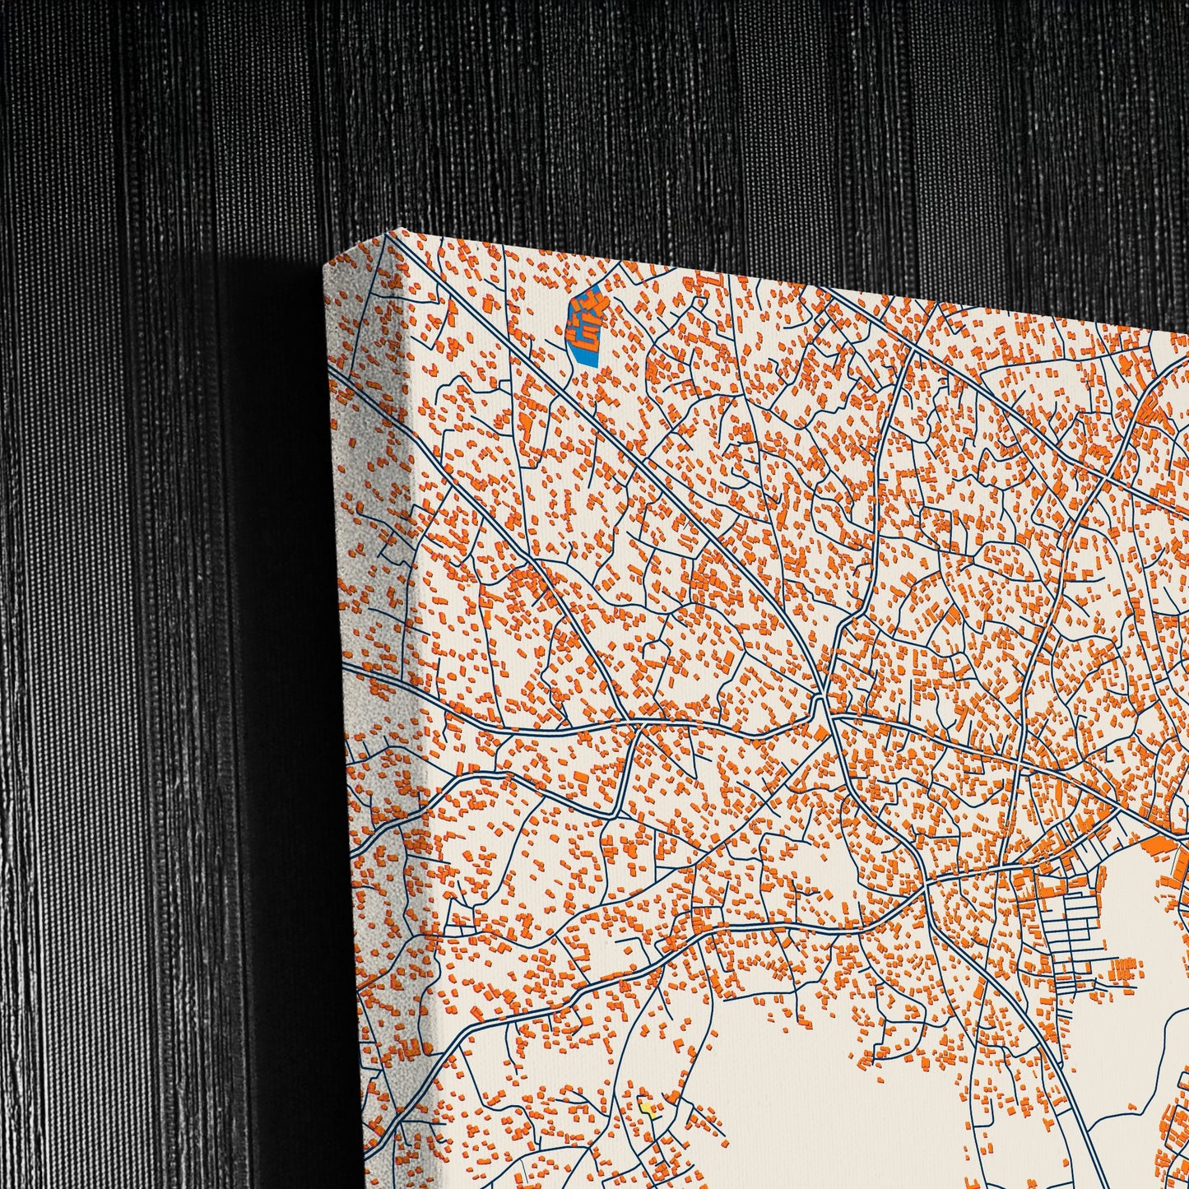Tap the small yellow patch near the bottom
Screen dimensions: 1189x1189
point(649,1109)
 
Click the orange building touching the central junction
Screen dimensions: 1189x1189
point(820,733)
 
